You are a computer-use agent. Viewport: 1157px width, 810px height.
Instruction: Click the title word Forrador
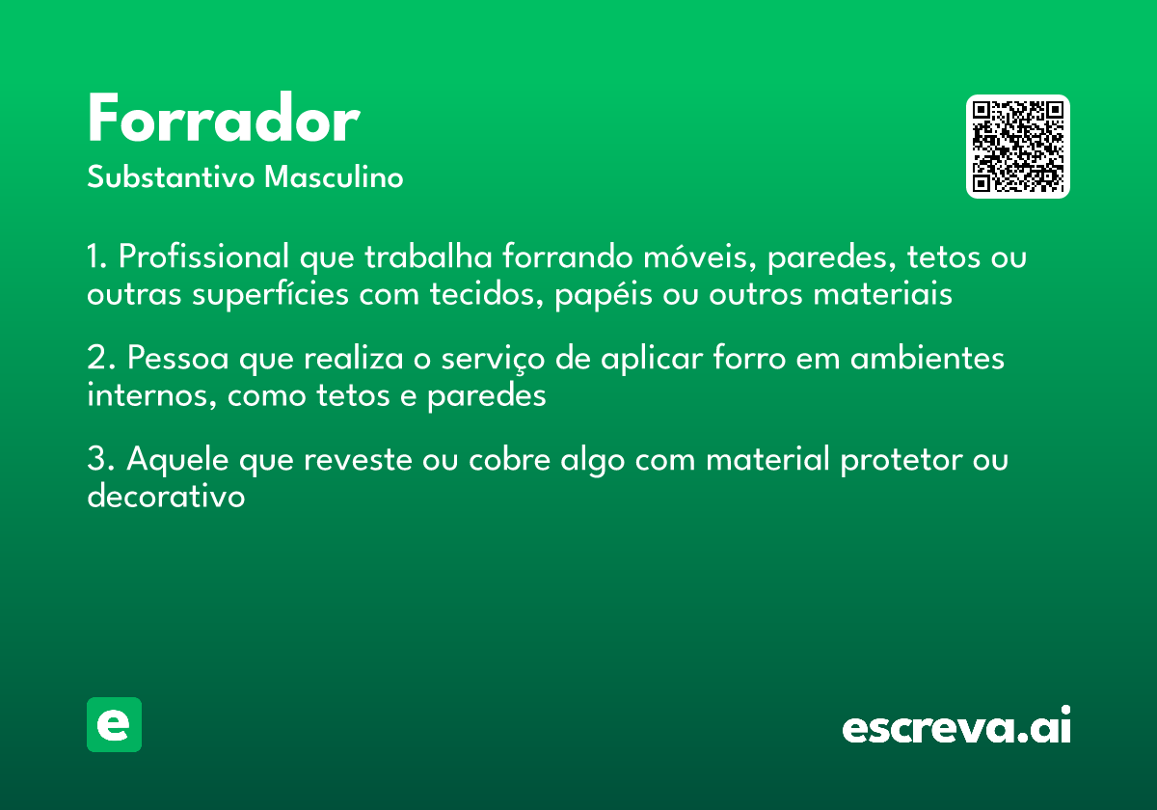[x=223, y=121]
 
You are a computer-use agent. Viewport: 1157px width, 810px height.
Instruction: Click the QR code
[x=1018, y=147]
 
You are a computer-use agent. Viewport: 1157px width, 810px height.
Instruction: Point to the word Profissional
[x=203, y=257]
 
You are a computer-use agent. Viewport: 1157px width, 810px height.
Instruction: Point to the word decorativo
[x=166, y=497]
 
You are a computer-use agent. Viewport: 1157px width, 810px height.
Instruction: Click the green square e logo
[x=114, y=724]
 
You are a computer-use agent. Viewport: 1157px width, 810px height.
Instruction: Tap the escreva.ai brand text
[x=955, y=727]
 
